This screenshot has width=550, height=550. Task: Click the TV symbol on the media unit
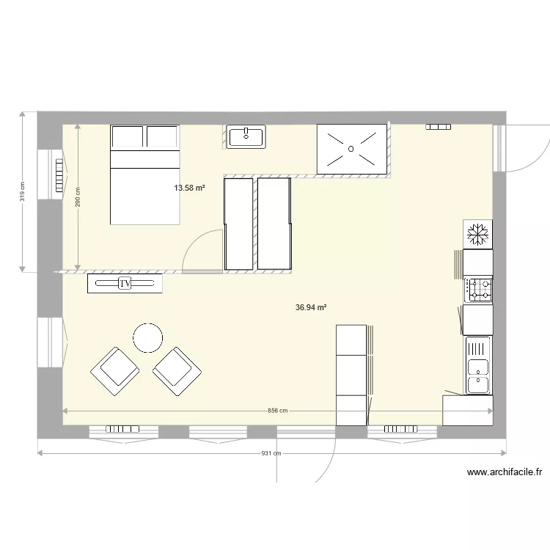(125, 283)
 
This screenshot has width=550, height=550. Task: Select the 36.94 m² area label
(311, 309)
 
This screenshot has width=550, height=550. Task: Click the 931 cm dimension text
(271, 453)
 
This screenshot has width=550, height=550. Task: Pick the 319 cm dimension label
(23, 191)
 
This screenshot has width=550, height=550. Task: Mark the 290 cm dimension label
(78, 196)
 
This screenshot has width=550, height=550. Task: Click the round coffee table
(147, 338)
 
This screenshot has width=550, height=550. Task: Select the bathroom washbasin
(246, 136)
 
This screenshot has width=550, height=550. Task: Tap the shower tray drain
(351, 149)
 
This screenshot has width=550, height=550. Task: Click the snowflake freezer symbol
(478, 235)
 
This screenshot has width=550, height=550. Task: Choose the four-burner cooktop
(479, 290)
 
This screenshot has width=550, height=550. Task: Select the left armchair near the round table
(114, 370)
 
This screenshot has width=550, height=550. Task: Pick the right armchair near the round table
(177, 370)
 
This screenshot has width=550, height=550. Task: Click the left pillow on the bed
(128, 137)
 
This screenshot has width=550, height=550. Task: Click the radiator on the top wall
(439, 127)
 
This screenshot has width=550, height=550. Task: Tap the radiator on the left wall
(59, 175)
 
